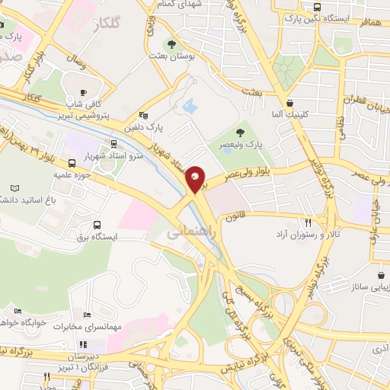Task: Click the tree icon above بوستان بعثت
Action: (x=176, y=44)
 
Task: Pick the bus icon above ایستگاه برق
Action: (x=97, y=225)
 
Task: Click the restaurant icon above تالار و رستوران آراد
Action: (x=308, y=223)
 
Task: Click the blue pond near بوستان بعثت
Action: (x=190, y=108)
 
